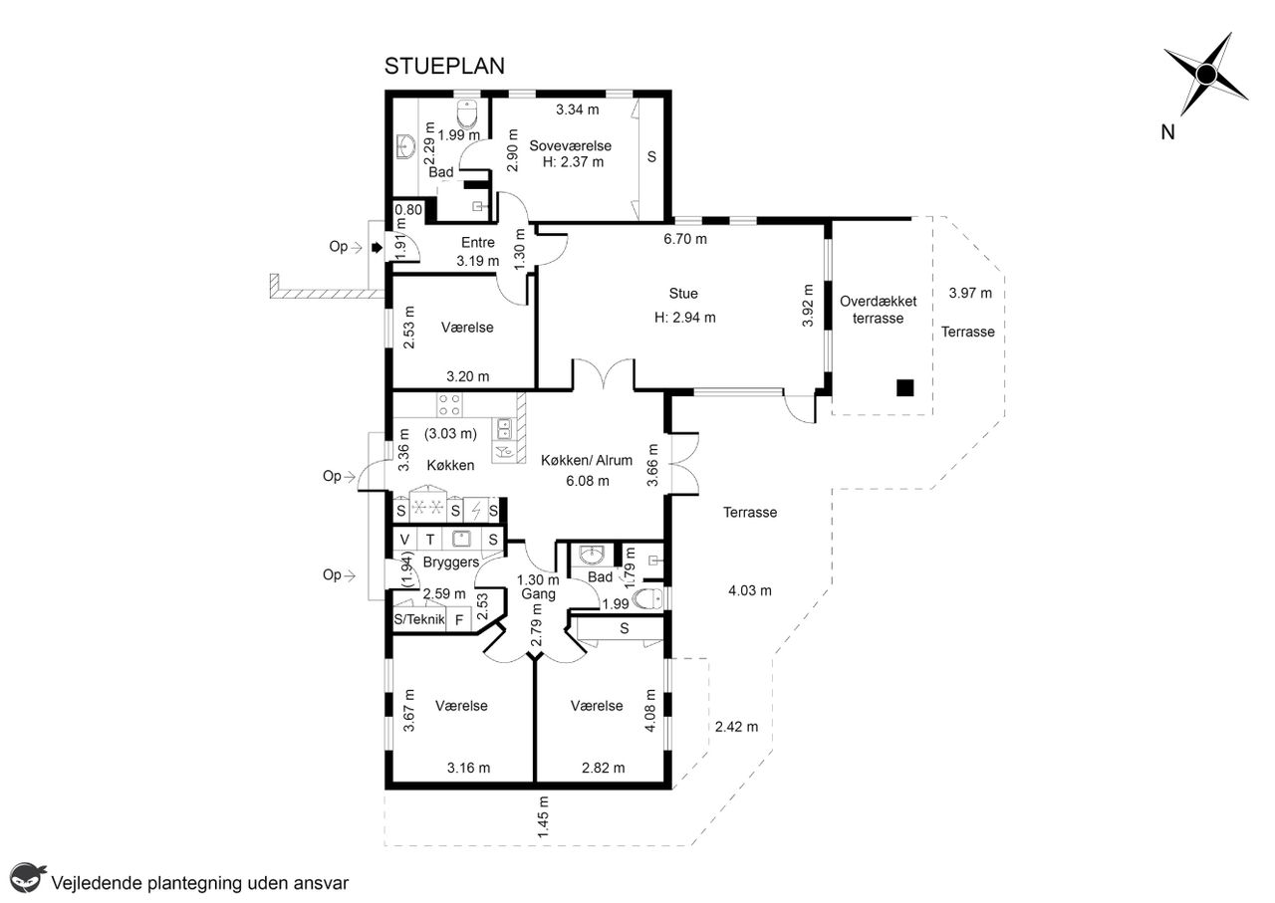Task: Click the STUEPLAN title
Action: point(444,67)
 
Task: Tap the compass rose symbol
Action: point(1205,75)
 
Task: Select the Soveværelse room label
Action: point(571,145)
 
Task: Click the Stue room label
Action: point(683,294)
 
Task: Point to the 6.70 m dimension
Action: point(685,239)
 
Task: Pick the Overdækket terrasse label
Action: point(879,310)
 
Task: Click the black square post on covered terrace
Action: point(905,388)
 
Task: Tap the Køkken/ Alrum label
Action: point(587,460)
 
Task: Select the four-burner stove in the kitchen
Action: point(449,404)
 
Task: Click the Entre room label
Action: point(477,242)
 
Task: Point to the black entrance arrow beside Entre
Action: point(377,248)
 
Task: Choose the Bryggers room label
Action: point(451,563)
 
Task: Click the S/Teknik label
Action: point(419,619)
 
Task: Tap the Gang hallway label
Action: point(538,594)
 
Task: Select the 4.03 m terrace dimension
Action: point(750,590)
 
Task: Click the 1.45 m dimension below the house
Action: point(543,817)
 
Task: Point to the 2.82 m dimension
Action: point(603,769)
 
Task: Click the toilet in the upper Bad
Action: point(467,113)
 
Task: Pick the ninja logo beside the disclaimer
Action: point(27,877)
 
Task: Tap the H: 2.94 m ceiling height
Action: point(684,318)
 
